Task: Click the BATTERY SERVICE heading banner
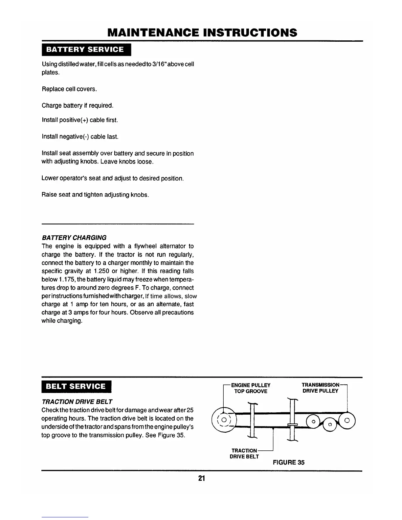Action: (x=85, y=50)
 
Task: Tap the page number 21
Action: (x=201, y=478)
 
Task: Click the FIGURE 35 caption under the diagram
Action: (x=288, y=462)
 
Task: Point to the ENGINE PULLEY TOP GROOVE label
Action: (x=251, y=388)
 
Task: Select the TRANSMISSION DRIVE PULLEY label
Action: (x=320, y=388)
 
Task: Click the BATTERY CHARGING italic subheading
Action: (x=74, y=237)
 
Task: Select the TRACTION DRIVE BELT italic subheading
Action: (x=77, y=401)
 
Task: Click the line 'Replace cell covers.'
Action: (x=65, y=89)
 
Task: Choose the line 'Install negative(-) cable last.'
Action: (x=80, y=136)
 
